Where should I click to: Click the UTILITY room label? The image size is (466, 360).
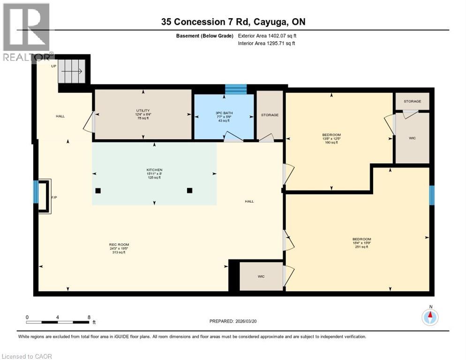click(143, 111)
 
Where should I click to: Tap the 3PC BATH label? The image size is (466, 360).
click(224, 113)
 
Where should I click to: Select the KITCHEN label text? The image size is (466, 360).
click(154, 170)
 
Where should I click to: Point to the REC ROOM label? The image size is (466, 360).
click(119, 244)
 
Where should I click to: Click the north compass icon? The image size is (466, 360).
click(429, 317)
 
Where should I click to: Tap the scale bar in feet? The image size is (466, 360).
click(59, 322)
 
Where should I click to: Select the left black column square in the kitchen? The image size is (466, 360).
click(98, 190)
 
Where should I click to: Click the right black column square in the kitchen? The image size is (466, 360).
click(189, 190)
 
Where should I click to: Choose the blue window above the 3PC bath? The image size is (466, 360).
click(235, 89)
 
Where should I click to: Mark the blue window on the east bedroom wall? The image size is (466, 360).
click(432, 195)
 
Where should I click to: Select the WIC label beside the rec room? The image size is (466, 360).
click(261, 277)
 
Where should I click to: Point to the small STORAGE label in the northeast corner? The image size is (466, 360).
click(412, 101)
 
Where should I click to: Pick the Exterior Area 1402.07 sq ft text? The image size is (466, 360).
click(267, 36)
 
